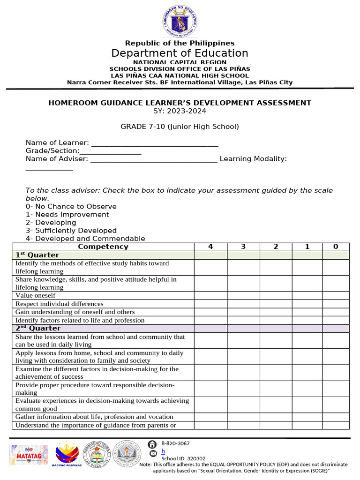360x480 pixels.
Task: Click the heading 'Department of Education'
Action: click(x=180, y=53)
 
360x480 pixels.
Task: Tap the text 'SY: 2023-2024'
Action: click(x=180, y=111)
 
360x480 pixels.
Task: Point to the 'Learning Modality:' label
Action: click(x=253, y=159)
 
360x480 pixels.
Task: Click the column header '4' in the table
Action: click(x=210, y=247)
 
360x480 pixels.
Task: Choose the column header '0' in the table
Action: click(x=335, y=247)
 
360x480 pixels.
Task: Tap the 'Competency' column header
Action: click(x=103, y=247)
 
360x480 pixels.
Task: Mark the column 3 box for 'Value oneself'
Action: click(x=243, y=295)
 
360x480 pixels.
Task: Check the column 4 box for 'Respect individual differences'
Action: click(x=210, y=304)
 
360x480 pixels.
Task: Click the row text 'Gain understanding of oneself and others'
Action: click(x=75, y=312)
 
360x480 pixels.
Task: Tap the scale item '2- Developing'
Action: click(x=51, y=223)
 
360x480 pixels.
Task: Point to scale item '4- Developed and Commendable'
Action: click(x=85, y=239)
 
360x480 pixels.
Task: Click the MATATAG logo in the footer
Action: click(x=29, y=455)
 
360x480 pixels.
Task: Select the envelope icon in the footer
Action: click(x=152, y=454)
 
